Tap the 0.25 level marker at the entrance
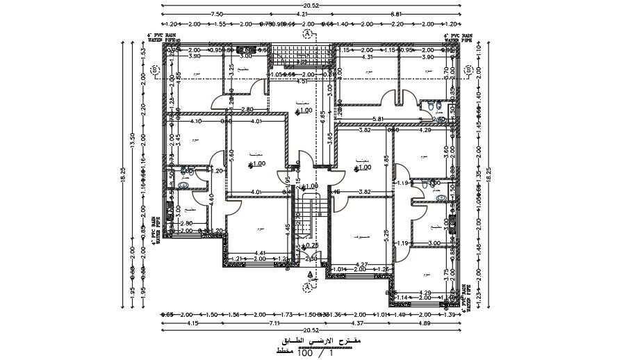click(x=313, y=245)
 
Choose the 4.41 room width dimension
click(x=260, y=253)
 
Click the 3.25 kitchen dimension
click(x=230, y=72)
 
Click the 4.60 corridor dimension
click(x=211, y=198)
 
